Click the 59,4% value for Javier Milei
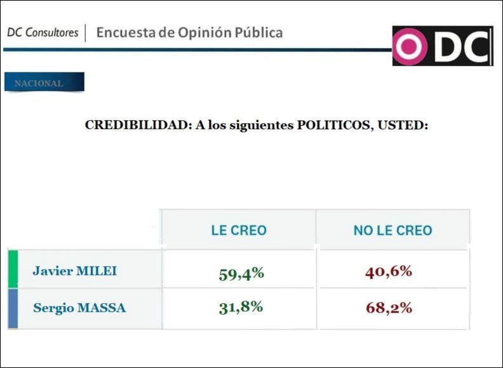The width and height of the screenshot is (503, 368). (x=241, y=274)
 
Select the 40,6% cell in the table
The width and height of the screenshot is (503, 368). (x=389, y=271)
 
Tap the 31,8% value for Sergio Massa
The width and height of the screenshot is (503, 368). (x=240, y=307)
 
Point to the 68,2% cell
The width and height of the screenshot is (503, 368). (x=389, y=308)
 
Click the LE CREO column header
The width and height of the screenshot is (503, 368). (x=239, y=231)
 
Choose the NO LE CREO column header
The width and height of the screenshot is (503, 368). (x=392, y=231)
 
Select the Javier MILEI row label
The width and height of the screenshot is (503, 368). (x=74, y=271)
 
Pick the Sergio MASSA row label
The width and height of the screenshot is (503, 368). (x=79, y=308)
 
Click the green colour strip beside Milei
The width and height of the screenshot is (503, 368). (x=13, y=269)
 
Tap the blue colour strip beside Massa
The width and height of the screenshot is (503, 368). (x=13, y=309)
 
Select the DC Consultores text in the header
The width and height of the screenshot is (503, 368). (x=43, y=32)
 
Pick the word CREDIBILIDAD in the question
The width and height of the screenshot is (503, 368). (x=135, y=125)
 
